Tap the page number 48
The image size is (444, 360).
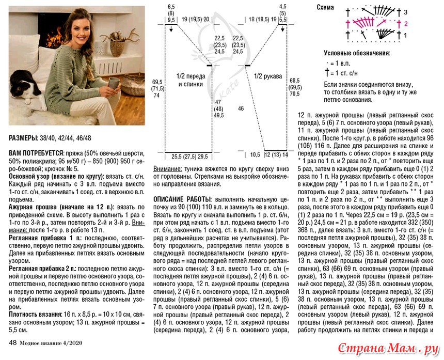click(13, 342)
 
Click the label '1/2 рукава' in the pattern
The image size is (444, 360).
click(267, 76)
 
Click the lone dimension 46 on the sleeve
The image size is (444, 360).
click(241, 108)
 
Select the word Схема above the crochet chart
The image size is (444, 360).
click(324, 8)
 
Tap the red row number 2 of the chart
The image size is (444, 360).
click(405, 23)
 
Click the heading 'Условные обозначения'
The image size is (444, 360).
click(356, 53)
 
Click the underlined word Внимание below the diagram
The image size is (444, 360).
click(167, 169)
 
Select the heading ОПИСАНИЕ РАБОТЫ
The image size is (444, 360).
click(181, 198)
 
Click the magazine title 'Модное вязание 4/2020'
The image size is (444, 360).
click(52, 342)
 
